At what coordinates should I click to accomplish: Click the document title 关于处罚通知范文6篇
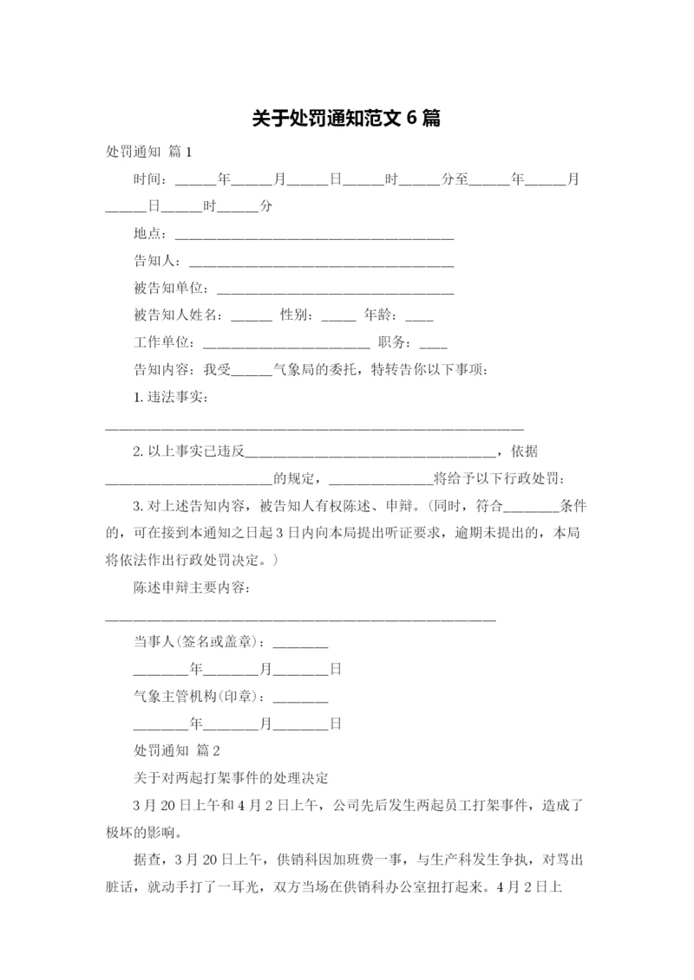[x=346, y=119]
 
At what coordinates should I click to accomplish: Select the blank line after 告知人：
[x=321, y=263]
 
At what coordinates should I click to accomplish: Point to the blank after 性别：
[x=338, y=317]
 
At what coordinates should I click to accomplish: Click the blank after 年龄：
[x=419, y=317]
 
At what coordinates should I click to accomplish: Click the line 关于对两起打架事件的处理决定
[x=226, y=776]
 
